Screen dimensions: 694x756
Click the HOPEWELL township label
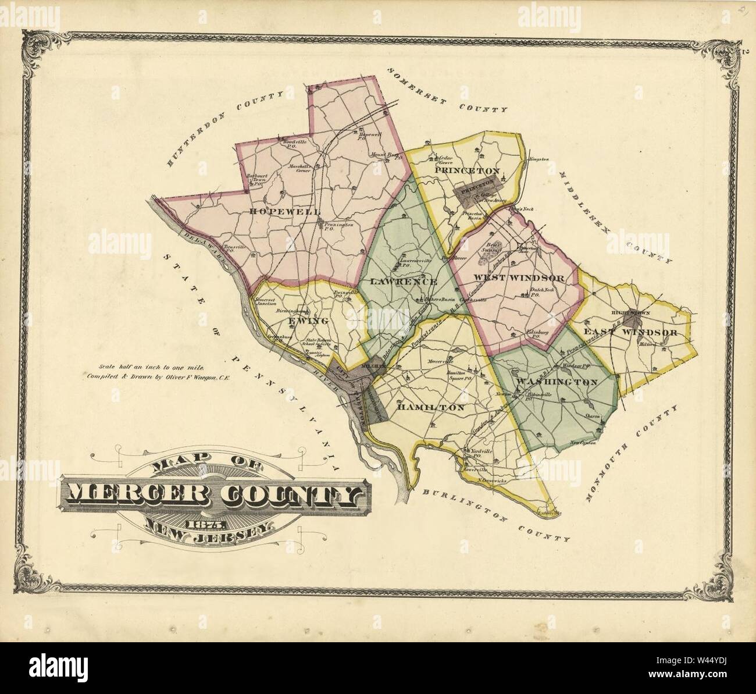[274, 211]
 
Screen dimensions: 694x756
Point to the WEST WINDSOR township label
[519, 278]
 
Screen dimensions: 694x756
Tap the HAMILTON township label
[430, 408]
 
